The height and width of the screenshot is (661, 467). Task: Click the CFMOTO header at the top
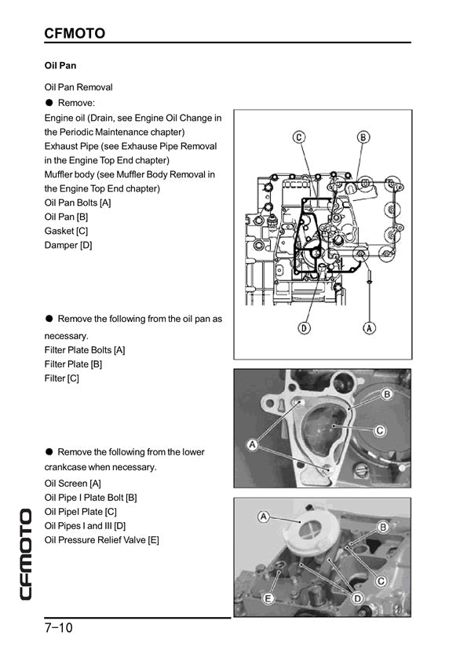pos(75,33)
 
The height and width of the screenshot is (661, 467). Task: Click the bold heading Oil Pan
pos(60,66)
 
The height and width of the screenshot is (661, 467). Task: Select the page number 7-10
pos(58,628)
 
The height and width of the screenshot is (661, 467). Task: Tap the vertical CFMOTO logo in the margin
pos(26,554)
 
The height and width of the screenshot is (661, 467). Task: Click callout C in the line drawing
pos(299,137)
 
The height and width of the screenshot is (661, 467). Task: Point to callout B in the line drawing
pos(363,137)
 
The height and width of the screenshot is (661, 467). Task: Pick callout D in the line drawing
pos(304,327)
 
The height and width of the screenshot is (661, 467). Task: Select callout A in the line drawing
pos(369,327)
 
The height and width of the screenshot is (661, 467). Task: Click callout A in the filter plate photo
pos(252,444)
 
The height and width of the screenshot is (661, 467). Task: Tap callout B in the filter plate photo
pos(386,394)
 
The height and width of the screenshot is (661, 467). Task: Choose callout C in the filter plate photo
pos(380,430)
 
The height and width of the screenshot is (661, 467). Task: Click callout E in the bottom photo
pos(268,597)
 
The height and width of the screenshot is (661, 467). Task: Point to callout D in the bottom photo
pos(357,598)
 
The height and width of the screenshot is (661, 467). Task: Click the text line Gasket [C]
pos(66,231)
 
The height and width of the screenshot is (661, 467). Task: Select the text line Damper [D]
pos(68,246)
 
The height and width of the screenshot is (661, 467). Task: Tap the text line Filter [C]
pos(61,378)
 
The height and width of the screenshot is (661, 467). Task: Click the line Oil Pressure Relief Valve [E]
pos(101,540)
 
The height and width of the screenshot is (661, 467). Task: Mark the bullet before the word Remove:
pos(49,102)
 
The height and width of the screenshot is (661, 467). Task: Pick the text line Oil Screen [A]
pos(72,484)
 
